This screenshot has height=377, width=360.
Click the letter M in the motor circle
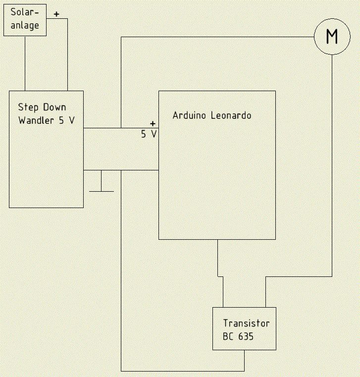tap(332, 36)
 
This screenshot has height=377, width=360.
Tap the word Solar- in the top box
tap(25, 12)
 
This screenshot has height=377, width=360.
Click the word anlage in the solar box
tap(25, 25)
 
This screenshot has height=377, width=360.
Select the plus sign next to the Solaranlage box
tap(56, 14)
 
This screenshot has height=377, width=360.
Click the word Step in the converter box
tap(28, 107)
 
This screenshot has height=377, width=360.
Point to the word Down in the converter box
tap(54, 107)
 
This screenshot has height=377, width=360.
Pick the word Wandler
tap(36, 120)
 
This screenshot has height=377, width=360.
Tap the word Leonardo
tap(231, 115)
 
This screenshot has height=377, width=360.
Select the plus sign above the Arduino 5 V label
tap(153, 123)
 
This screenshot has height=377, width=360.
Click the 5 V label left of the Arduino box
tap(149, 134)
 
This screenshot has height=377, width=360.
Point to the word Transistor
tap(246, 323)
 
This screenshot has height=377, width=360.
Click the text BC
tap(228, 336)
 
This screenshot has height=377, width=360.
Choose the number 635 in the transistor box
tap(246, 336)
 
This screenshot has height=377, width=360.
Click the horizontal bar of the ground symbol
tap(102, 191)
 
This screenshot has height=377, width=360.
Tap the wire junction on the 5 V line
tap(121, 128)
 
